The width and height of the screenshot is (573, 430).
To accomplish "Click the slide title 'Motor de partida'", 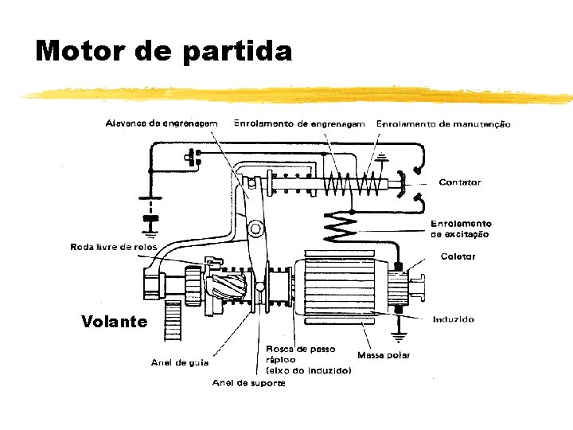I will click(x=164, y=51).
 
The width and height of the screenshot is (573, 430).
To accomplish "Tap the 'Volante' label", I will click(x=114, y=322).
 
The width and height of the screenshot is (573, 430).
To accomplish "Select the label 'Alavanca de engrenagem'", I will click(x=162, y=123).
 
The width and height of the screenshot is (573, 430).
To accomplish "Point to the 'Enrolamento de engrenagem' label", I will click(x=300, y=123).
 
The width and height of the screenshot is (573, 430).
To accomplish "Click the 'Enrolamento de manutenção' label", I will click(x=443, y=124).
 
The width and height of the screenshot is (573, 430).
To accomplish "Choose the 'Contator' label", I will click(x=460, y=182).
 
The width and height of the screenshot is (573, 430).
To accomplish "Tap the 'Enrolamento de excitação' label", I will click(x=461, y=229).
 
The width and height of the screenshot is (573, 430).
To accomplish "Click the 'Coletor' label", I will click(x=458, y=256).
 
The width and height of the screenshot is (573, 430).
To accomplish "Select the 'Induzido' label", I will click(x=454, y=319).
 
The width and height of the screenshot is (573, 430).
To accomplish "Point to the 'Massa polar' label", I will click(x=384, y=355).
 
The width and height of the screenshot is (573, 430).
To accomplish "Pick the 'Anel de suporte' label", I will click(x=248, y=383).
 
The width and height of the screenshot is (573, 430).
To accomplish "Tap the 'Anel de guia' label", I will click(x=180, y=362).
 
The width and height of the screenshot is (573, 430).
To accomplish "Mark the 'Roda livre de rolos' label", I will click(x=114, y=247).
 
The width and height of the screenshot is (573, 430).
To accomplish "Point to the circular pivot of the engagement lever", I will click(x=255, y=230).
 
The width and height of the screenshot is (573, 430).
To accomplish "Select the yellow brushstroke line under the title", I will click(x=294, y=95).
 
